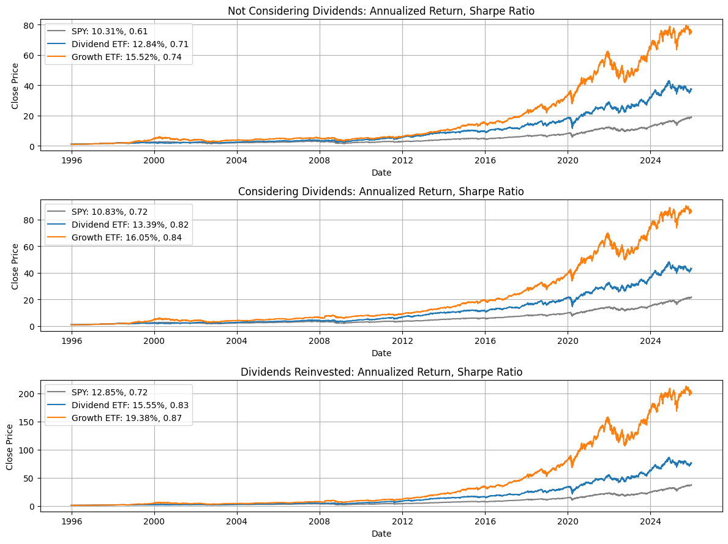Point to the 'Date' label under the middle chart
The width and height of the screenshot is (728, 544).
381,353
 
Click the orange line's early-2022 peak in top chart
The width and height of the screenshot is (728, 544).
607,53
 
